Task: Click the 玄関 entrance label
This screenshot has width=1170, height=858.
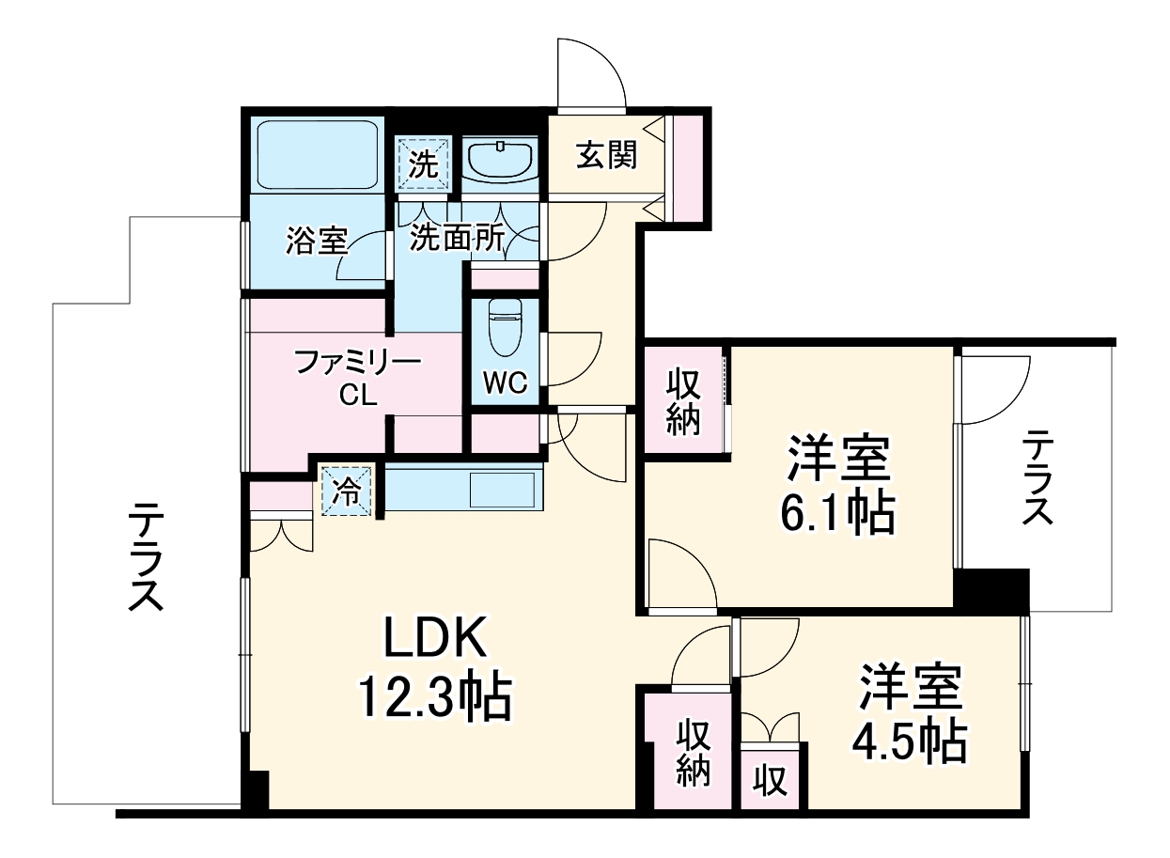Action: click(x=606, y=155)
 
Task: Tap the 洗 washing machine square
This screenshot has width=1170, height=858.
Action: click(x=424, y=165)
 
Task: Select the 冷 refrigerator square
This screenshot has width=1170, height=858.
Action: click(x=348, y=491)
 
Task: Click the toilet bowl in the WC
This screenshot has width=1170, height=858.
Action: click(x=507, y=331)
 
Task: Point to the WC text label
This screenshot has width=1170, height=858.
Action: click(x=506, y=382)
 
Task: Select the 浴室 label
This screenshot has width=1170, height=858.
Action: click(x=317, y=242)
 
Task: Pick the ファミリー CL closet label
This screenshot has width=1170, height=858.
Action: click(x=358, y=377)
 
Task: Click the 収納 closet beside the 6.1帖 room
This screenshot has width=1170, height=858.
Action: click(x=684, y=401)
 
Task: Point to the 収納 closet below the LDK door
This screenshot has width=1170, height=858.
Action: click(x=694, y=752)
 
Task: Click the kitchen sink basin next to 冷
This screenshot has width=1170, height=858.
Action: click(x=502, y=490)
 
